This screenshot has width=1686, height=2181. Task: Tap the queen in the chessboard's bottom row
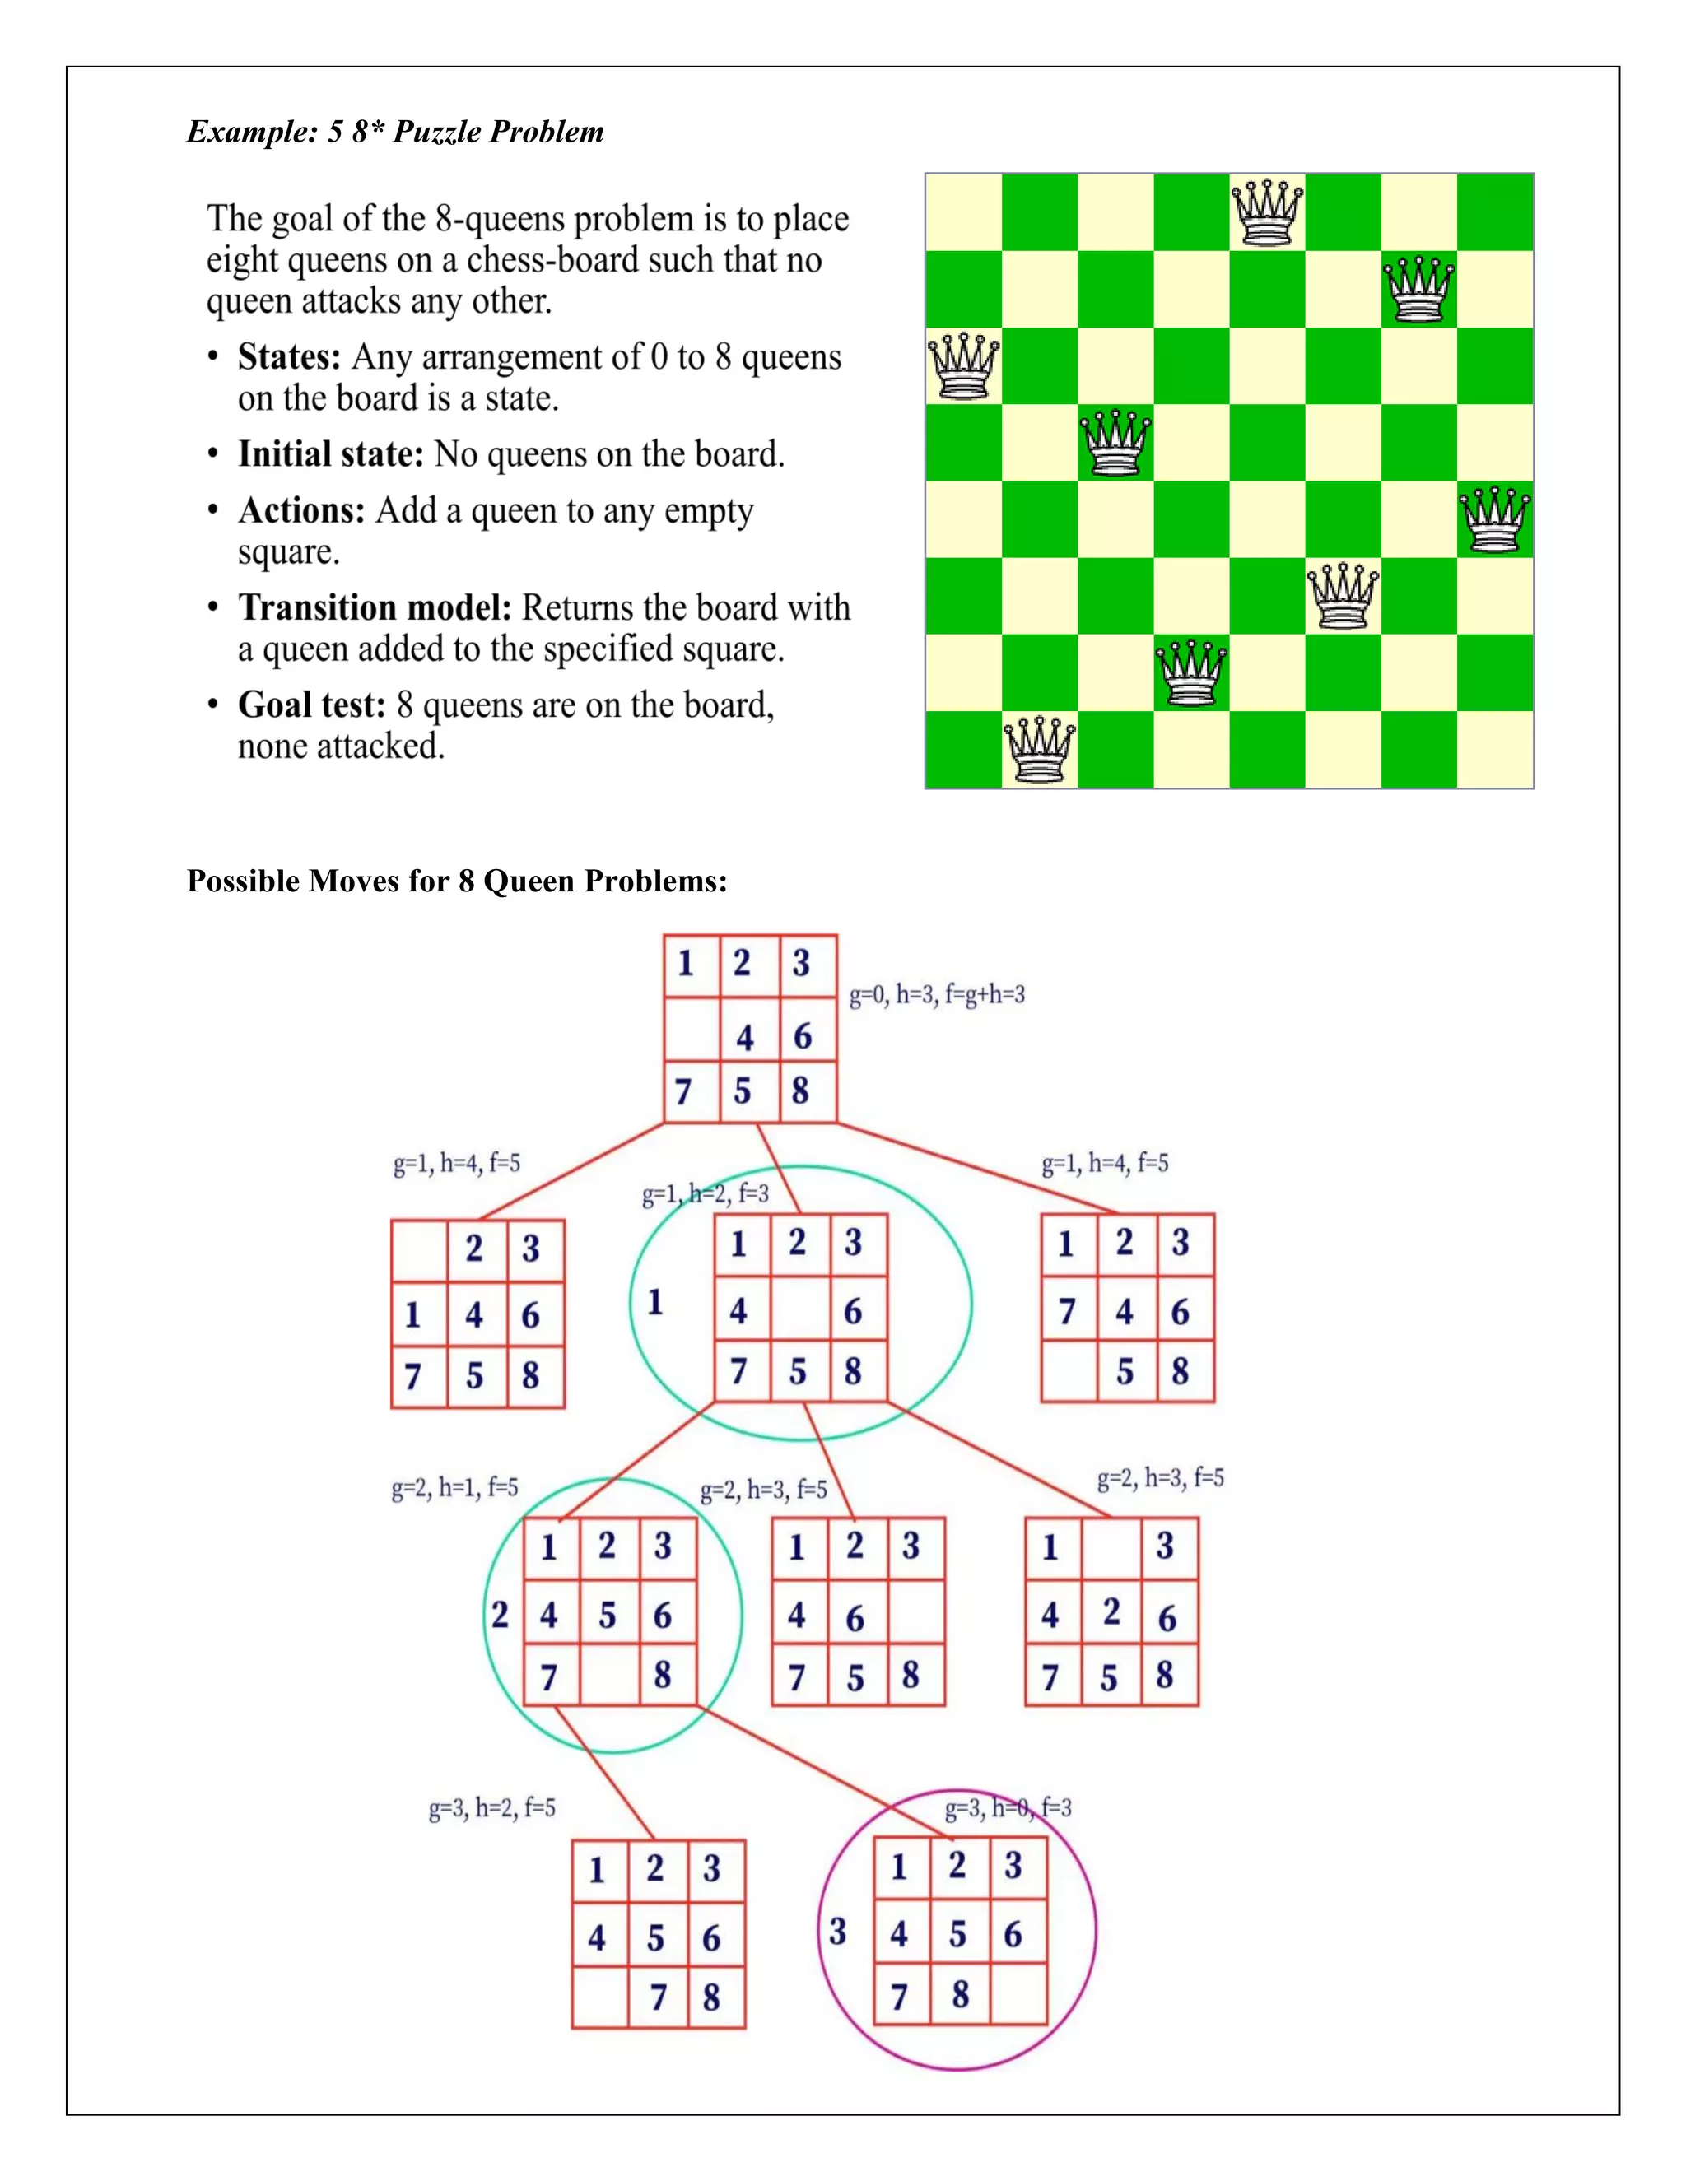tap(1040, 749)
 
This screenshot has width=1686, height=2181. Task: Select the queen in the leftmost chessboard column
tap(963, 366)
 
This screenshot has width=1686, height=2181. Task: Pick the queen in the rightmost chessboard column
tap(1495, 519)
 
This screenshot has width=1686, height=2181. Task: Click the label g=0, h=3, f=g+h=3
tap(937, 995)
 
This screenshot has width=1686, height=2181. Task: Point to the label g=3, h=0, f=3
tap(1008, 1807)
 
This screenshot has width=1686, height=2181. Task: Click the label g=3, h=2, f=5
tap(491, 1807)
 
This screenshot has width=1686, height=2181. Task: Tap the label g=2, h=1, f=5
tap(454, 1488)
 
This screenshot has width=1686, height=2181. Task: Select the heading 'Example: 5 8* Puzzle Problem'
tap(394, 132)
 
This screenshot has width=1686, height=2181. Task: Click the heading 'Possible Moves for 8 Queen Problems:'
tap(456, 881)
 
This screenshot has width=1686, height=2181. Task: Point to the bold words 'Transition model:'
tap(375, 607)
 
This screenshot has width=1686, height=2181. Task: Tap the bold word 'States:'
tap(290, 356)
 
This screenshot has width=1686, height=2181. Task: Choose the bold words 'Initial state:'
tap(331, 454)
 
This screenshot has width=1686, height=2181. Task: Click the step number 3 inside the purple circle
tap(838, 1932)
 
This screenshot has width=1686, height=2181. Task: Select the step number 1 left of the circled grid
tap(655, 1301)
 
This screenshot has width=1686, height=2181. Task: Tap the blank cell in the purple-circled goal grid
tap(1018, 1994)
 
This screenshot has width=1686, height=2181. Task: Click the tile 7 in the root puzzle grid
tap(684, 1091)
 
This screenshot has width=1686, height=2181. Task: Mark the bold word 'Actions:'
tap(301, 510)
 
